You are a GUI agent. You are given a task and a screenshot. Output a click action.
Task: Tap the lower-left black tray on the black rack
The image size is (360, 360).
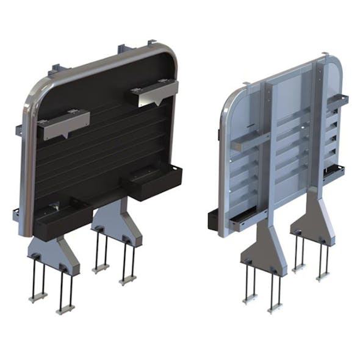point(61,217)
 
